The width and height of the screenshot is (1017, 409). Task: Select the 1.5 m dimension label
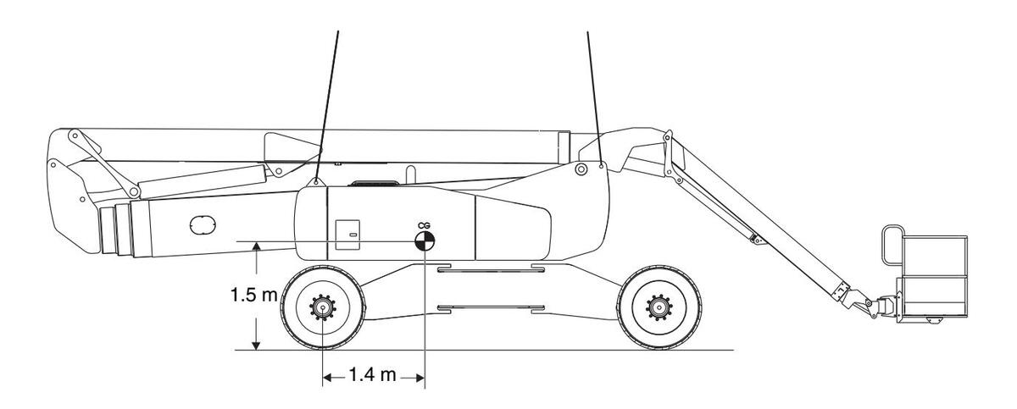(253, 296)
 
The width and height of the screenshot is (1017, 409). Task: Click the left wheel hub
(322, 307)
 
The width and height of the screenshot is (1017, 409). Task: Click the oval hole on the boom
(204, 224)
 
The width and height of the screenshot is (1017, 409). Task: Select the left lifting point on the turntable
(316, 181)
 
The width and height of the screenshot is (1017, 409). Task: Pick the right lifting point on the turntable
(601, 166)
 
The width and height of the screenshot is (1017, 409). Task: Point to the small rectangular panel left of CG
(347, 235)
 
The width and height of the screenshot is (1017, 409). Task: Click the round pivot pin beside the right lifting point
(581, 170)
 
